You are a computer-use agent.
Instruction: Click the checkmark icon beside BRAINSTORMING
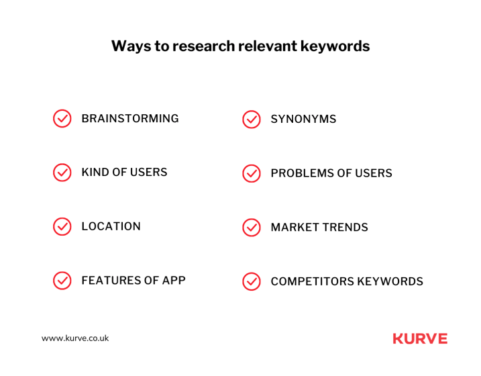tap(62, 118)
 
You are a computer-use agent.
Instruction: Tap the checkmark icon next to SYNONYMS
tap(252, 120)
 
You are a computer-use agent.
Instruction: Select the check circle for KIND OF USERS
tap(62, 173)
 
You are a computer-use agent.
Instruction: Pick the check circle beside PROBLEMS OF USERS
tap(252, 173)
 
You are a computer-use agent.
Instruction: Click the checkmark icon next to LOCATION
tap(62, 226)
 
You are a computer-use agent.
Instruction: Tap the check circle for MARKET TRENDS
tap(252, 228)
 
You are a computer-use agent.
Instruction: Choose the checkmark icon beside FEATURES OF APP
tap(62, 281)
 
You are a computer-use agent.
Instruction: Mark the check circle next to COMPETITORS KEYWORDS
tap(252, 281)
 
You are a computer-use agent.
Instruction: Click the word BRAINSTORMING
tap(130, 118)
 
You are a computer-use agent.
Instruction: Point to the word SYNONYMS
tap(303, 119)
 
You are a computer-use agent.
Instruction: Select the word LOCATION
tap(111, 226)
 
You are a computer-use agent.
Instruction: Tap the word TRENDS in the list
tap(345, 228)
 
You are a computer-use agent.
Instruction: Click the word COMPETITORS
tap(313, 281)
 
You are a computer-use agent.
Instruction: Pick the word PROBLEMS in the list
tap(302, 173)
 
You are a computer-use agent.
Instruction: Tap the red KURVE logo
tap(420, 339)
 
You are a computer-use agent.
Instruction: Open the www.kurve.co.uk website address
tap(75, 338)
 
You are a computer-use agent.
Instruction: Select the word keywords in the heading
tap(335, 46)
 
